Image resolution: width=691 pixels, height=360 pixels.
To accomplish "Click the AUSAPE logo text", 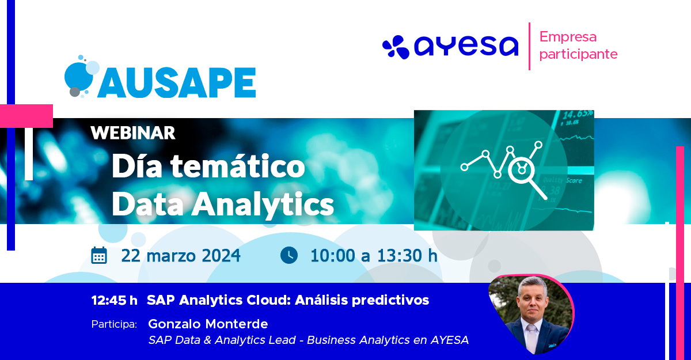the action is click(177, 82).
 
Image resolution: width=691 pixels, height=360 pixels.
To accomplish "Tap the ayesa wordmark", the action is click(466, 46).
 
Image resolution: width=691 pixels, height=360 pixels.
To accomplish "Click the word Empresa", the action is click(568, 37).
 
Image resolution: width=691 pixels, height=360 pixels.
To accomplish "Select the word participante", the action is click(578, 54).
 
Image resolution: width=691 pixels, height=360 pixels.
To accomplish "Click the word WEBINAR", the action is click(133, 133).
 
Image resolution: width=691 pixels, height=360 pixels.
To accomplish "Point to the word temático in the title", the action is click(238, 166).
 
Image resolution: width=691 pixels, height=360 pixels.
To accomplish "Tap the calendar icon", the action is click(99, 255).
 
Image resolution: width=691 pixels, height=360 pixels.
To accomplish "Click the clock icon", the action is click(289, 255).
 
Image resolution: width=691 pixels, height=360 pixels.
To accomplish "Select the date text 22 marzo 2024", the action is click(181, 256).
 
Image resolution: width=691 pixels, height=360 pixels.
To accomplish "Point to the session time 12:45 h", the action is click(114, 300).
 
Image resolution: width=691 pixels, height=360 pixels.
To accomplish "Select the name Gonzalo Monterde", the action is click(208, 324).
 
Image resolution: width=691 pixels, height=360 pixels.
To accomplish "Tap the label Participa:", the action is click(114, 324).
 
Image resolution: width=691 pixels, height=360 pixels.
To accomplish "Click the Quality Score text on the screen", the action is click(563, 180).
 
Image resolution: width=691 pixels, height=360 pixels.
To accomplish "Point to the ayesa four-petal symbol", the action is click(396, 47).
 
